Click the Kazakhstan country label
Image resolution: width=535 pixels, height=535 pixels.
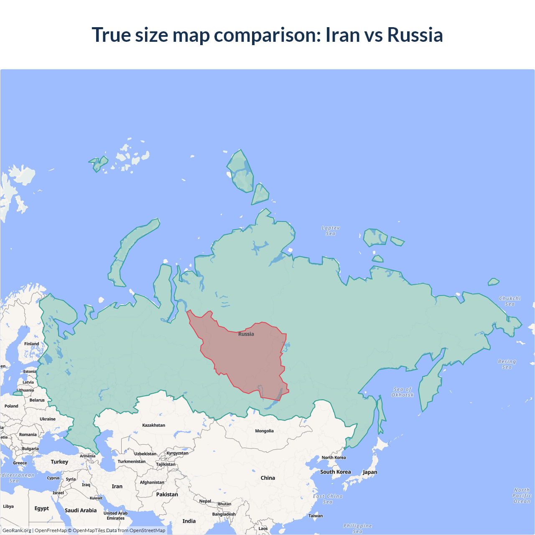click(153, 425)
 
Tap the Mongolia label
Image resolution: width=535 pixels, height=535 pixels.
click(264, 431)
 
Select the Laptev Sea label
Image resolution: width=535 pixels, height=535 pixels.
click(331, 231)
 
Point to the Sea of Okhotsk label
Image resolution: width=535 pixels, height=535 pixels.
click(403, 392)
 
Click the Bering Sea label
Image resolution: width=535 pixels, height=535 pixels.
click(507, 364)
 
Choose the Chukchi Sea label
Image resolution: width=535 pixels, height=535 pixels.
click(510, 301)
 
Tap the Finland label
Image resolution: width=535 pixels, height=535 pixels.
click(31, 344)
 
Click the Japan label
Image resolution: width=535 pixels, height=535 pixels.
click(370, 472)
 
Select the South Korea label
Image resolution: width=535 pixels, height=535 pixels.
click(335, 472)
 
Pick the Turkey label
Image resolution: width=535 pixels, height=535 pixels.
click(59, 462)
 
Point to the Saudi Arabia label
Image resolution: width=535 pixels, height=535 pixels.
click(81, 510)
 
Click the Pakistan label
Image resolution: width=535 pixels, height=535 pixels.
click(167, 494)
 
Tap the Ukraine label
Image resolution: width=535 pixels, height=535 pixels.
click(48, 419)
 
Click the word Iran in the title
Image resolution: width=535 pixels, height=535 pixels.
click(343, 35)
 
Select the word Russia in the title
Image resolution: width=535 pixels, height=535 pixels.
click(415, 35)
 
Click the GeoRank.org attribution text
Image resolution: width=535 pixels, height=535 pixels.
click(17, 530)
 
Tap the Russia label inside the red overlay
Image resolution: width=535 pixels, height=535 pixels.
click(246, 334)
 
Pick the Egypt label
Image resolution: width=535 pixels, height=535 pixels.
click(41, 509)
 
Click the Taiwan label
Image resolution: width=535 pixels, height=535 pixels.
click(316, 516)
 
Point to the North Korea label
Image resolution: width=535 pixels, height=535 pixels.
click(334, 458)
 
